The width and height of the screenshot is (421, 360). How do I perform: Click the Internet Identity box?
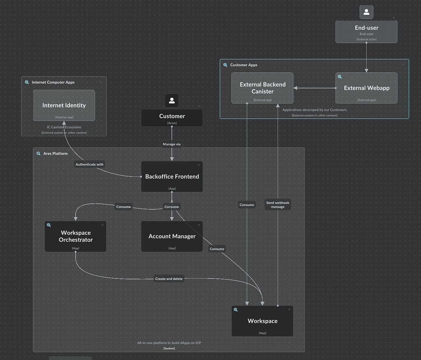(64, 106)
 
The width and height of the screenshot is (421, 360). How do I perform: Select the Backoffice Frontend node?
(172, 177)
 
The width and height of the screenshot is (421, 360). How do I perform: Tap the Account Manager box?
(172, 236)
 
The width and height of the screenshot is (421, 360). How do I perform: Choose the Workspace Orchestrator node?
(75, 236)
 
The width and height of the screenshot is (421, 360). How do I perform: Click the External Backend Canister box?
(262, 88)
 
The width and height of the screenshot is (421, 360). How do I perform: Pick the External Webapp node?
(366, 88)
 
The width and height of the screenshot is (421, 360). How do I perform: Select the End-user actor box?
(366, 32)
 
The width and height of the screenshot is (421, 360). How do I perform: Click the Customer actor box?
(172, 118)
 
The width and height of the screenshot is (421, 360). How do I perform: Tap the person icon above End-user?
(366, 12)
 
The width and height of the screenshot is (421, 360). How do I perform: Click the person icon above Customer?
(172, 101)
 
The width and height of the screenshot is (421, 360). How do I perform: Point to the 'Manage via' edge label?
(171, 144)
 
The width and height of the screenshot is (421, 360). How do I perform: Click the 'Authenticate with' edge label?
(90, 164)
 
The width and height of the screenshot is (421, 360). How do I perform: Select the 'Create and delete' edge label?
(169, 279)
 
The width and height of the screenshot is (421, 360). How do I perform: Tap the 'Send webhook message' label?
(278, 205)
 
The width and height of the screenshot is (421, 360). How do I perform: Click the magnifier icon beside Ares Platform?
(39, 154)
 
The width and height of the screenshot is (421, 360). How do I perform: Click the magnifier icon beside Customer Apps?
(225, 65)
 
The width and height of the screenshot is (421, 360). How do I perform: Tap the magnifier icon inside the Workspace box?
(236, 310)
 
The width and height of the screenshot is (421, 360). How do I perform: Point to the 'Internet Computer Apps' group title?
(53, 82)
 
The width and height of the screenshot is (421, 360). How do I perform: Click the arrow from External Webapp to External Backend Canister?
(314, 88)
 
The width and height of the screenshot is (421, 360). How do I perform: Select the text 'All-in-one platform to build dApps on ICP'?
(169, 343)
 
